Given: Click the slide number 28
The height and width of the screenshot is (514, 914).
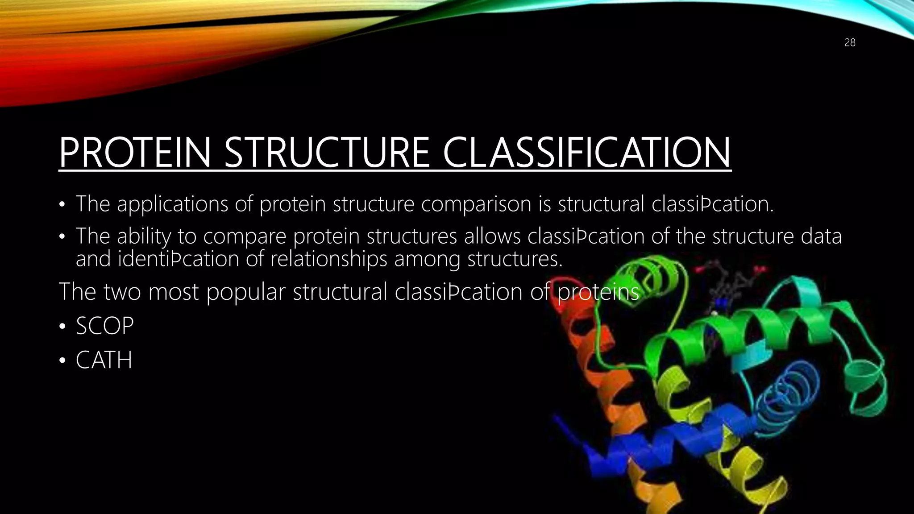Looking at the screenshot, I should coord(850,43).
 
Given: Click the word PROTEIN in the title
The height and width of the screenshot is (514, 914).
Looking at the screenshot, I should coord(134,153).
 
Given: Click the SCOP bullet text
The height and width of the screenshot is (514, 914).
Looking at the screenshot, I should coord(105,326).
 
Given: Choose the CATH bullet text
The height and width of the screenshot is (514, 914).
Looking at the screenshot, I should coord(104,360).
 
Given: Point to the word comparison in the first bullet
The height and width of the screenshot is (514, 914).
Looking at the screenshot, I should coord(476,204).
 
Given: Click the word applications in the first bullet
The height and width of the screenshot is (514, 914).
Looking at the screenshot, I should coord(173,204).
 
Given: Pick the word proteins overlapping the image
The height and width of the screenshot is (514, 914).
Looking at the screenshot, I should coord(598,292).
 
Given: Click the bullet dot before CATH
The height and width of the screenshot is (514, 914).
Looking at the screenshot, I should coord(62,361).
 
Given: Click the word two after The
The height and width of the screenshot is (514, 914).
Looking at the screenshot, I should coord(122,292).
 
